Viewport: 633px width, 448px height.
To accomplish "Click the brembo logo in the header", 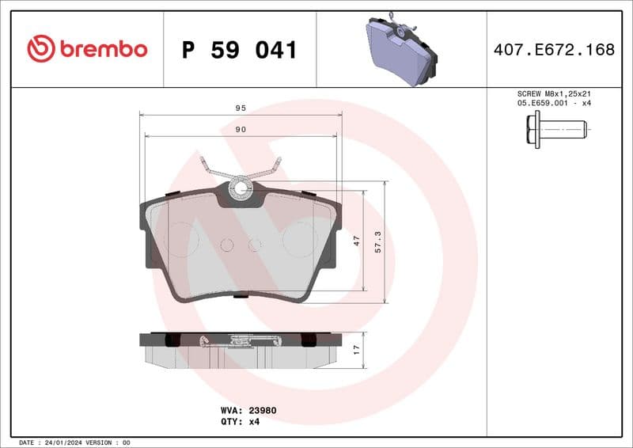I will tap(87, 49).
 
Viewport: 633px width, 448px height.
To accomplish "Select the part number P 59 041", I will tap(239, 51).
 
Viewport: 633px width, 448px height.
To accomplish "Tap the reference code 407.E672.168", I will tap(554, 50).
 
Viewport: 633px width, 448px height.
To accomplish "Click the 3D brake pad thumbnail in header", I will tap(401, 49).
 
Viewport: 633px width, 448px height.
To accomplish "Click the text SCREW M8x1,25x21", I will tap(553, 93).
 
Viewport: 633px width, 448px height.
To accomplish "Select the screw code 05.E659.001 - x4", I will tap(553, 103).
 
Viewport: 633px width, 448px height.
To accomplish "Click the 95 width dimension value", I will tap(241, 108).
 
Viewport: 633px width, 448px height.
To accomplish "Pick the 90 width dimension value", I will tap(241, 129).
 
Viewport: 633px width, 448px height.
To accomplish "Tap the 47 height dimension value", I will tap(356, 241).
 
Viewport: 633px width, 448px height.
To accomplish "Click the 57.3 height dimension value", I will tap(378, 241).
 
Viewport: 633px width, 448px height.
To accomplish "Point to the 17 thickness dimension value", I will tap(356, 347).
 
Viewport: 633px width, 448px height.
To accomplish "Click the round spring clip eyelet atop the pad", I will tap(241, 189).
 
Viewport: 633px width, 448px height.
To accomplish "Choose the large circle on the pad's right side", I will tap(300, 238).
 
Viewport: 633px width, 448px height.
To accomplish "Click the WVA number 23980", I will tap(263, 411).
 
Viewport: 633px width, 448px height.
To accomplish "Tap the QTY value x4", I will tap(255, 422).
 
